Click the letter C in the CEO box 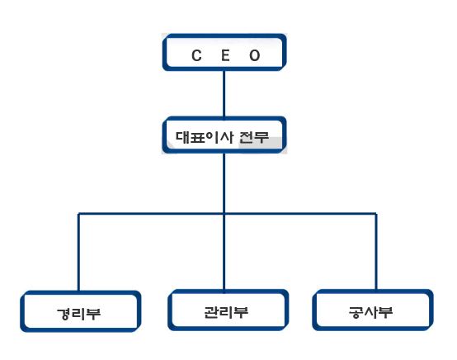pyautogui.click(x=196, y=55)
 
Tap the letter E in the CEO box pyautogui.click(x=225, y=55)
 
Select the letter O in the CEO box pyautogui.click(x=254, y=55)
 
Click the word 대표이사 pyautogui.click(x=205, y=137)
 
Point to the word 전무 pyautogui.click(x=254, y=137)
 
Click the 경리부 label pyautogui.click(x=78, y=314)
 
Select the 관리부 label pyautogui.click(x=226, y=312)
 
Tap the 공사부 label pyautogui.click(x=370, y=312)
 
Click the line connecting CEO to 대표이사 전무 pyautogui.click(x=224, y=94)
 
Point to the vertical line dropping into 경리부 pyautogui.click(x=78, y=253)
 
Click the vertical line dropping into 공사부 pyautogui.click(x=376, y=252)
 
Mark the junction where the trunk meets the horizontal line pyautogui.click(x=224, y=214)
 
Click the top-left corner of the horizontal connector pyautogui.click(x=78, y=214)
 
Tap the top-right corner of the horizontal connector pyautogui.click(x=376, y=214)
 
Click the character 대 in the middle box pyautogui.click(x=183, y=137)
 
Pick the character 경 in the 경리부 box pyautogui.click(x=64, y=314)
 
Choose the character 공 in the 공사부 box pyautogui.click(x=356, y=312)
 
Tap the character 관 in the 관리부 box pyautogui.click(x=212, y=312)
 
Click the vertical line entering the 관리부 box pyautogui.click(x=224, y=253)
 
